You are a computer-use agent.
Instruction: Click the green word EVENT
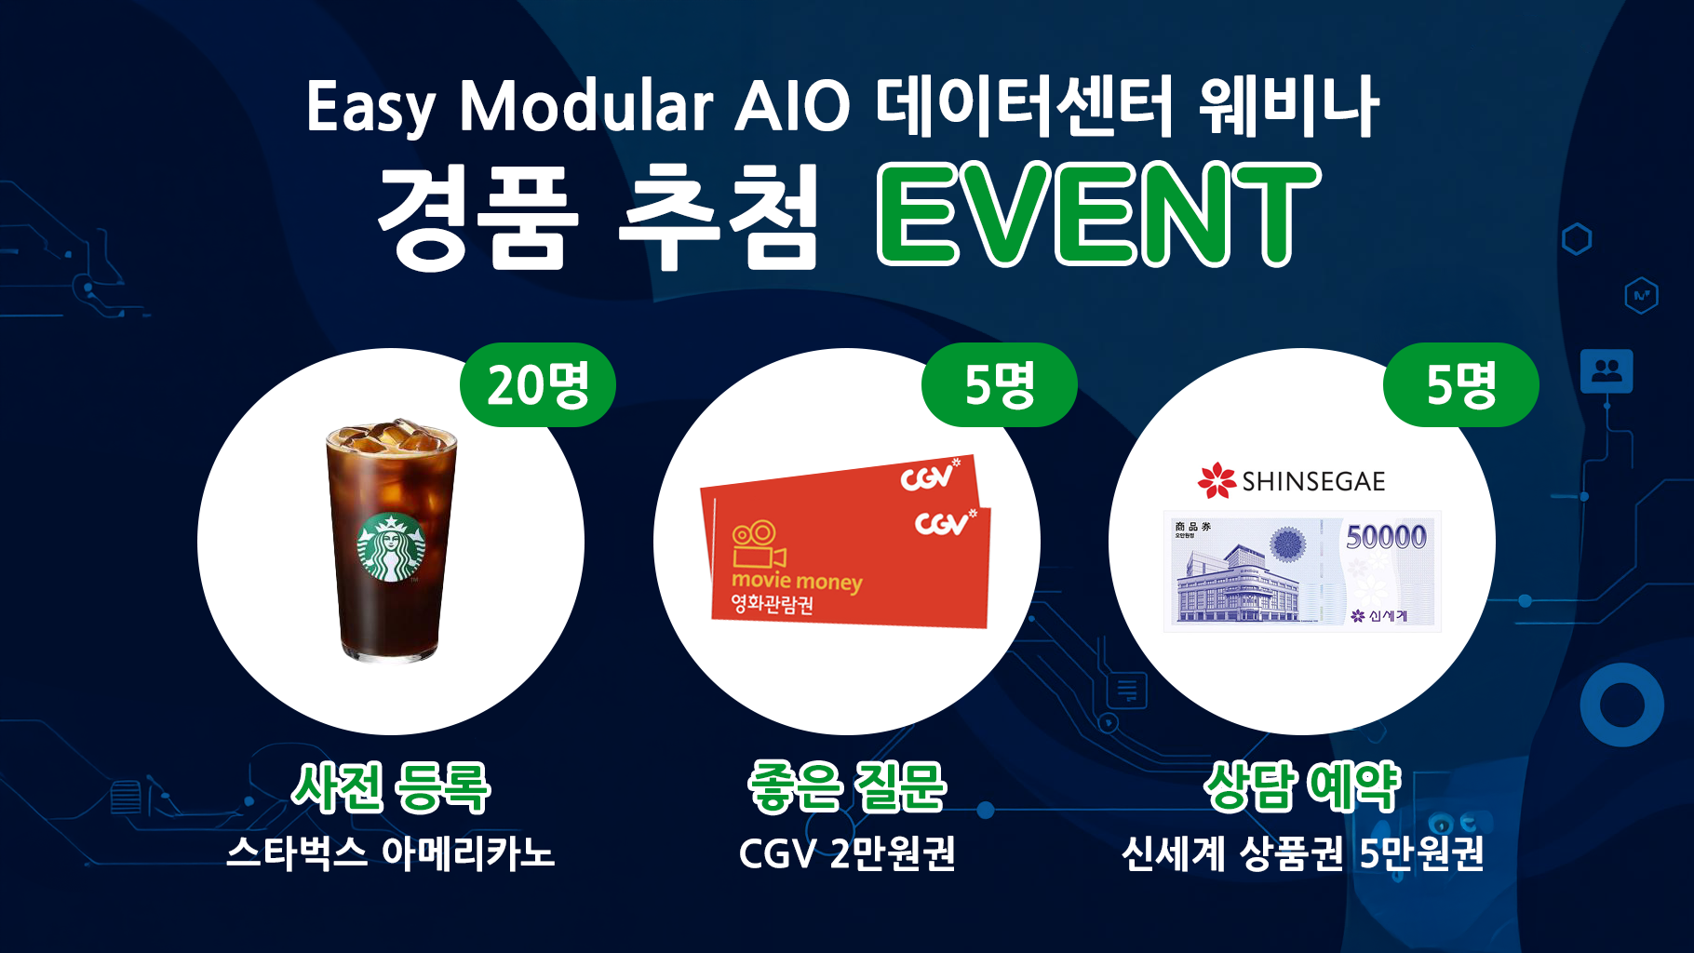(x=1099, y=214)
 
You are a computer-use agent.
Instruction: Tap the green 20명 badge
(x=538, y=384)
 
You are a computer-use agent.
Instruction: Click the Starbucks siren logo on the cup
(x=391, y=547)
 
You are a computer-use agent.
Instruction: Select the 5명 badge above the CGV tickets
(x=1000, y=384)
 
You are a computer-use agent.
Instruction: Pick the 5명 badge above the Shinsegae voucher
(x=1461, y=384)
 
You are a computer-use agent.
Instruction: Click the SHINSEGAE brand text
(x=1313, y=481)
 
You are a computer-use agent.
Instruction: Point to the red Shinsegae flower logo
(x=1217, y=480)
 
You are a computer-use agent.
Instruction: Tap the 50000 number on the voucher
(x=1386, y=536)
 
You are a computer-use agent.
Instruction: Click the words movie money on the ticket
(x=797, y=582)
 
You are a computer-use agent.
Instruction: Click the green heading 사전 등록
(x=391, y=787)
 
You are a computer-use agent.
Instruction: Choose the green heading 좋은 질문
(x=847, y=787)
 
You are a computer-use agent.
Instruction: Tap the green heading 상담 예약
(x=1302, y=787)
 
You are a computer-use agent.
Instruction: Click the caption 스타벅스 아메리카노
(x=391, y=852)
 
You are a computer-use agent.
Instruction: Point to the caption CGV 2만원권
(x=847, y=852)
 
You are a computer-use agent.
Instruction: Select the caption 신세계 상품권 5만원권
(x=1302, y=852)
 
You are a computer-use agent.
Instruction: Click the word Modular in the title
(x=586, y=105)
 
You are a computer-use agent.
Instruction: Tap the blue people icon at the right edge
(x=1607, y=371)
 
